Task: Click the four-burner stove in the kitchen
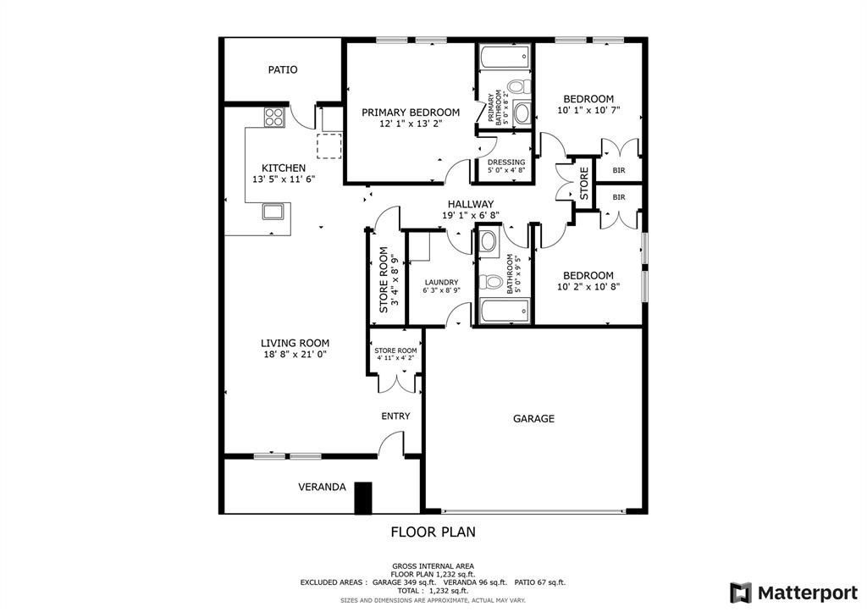click(x=273, y=117)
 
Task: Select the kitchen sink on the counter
click(x=273, y=211)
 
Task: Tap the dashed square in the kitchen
click(x=329, y=146)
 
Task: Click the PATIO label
click(x=283, y=69)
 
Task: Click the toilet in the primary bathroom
click(x=517, y=86)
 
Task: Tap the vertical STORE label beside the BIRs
click(x=583, y=184)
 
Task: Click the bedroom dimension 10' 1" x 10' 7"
click(x=588, y=110)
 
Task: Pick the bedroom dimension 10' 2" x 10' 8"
click(x=588, y=287)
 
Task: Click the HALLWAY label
click(x=471, y=204)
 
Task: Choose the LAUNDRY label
click(x=441, y=282)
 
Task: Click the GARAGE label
click(x=533, y=418)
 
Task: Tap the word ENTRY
click(x=395, y=416)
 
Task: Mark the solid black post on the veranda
click(x=363, y=498)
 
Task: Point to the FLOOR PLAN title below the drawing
click(x=433, y=532)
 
